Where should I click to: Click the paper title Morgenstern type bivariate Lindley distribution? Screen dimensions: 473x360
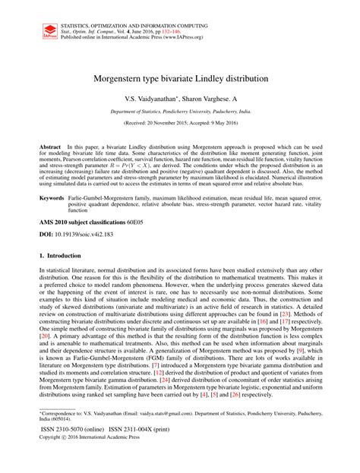tap(179, 77)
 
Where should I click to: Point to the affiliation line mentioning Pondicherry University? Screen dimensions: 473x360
tap(179, 111)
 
